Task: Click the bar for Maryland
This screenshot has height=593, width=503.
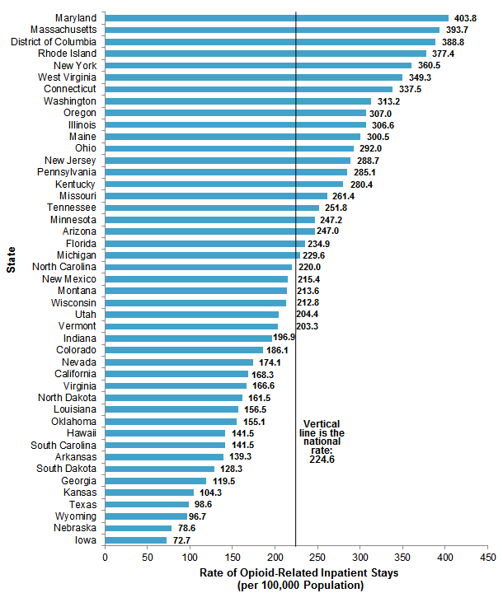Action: pos(277,17)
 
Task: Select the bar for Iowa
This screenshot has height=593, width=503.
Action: pos(136,540)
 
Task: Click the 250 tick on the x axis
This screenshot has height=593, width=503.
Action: pos(317,558)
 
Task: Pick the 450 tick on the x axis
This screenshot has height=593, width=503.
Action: pos(487,558)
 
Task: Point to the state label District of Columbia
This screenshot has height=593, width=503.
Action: pos(51,41)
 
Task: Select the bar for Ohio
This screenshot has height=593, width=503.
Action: pos(229,148)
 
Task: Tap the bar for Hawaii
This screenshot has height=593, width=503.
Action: pos(166,433)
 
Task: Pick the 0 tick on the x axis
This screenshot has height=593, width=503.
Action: pos(106,558)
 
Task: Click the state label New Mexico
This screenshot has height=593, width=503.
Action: pos(69,278)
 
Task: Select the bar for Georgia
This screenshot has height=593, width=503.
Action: pos(156,481)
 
